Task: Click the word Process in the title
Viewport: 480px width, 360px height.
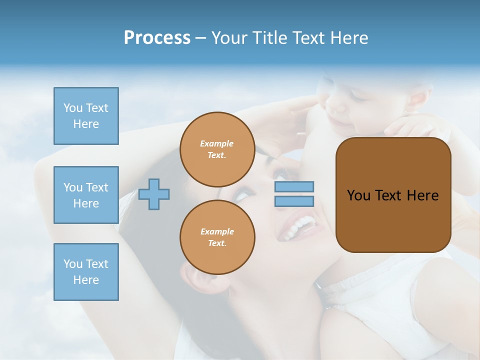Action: pos(157,38)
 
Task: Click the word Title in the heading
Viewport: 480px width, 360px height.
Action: pos(269,38)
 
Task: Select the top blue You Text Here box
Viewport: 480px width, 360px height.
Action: pos(86,116)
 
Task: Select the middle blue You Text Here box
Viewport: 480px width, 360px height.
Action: pos(86,195)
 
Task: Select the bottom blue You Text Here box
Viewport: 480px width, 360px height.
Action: pos(86,272)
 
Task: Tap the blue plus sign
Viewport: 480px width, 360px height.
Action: pos(154,194)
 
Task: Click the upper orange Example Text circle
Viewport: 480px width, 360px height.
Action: pos(217,149)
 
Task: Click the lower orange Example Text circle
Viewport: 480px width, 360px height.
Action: pos(217,237)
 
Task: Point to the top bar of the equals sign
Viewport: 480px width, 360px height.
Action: pos(294,186)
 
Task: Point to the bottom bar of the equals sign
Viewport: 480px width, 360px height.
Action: pos(294,201)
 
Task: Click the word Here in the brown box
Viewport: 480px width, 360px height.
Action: pos(422,195)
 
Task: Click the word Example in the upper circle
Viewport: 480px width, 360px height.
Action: pos(217,143)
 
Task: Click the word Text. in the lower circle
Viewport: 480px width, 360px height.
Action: pos(217,243)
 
